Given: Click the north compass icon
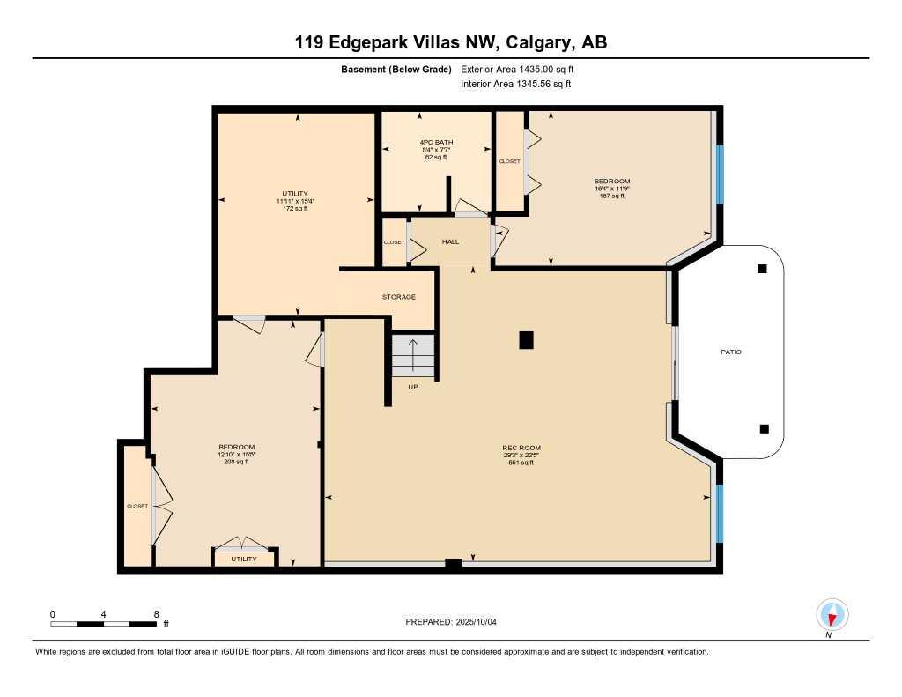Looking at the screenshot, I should point(832,614).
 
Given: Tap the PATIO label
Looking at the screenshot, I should point(730,352).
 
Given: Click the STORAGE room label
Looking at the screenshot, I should point(398,297).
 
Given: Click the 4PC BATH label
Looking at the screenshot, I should point(434,142).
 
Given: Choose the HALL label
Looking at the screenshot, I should point(450,241).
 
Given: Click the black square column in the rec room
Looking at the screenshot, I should point(526,339).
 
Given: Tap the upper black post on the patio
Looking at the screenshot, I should point(762,269).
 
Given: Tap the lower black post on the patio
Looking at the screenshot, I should point(764,429).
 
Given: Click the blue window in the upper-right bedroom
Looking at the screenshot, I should point(719,174).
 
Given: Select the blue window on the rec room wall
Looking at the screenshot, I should point(719,514).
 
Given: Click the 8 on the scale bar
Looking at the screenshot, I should point(156,614).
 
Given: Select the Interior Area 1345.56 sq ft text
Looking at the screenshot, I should point(516,85).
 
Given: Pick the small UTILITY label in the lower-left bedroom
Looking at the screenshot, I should point(244,560).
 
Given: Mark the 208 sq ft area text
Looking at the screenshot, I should point(237,462).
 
